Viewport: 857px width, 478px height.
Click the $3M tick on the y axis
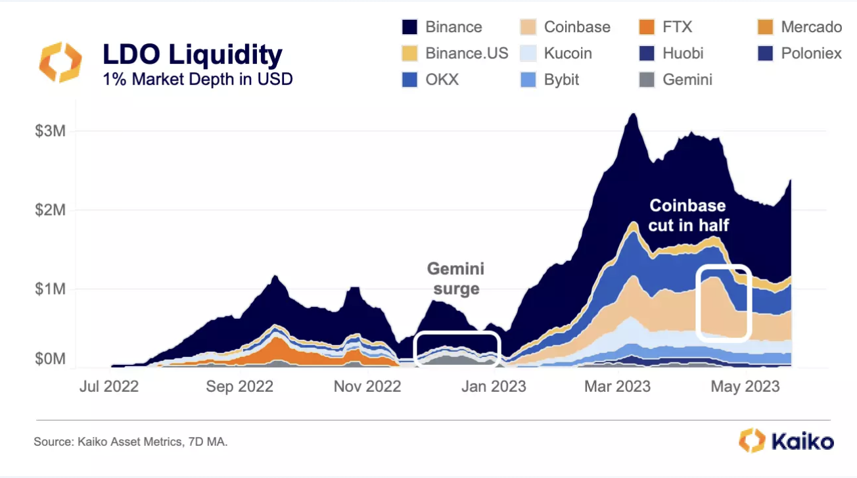(51, 131)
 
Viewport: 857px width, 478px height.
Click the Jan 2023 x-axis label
(494, 387)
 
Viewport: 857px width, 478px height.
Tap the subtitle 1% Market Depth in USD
(197, 79)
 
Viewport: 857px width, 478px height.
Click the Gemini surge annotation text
(455, 279)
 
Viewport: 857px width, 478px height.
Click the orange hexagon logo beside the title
(60, 62)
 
